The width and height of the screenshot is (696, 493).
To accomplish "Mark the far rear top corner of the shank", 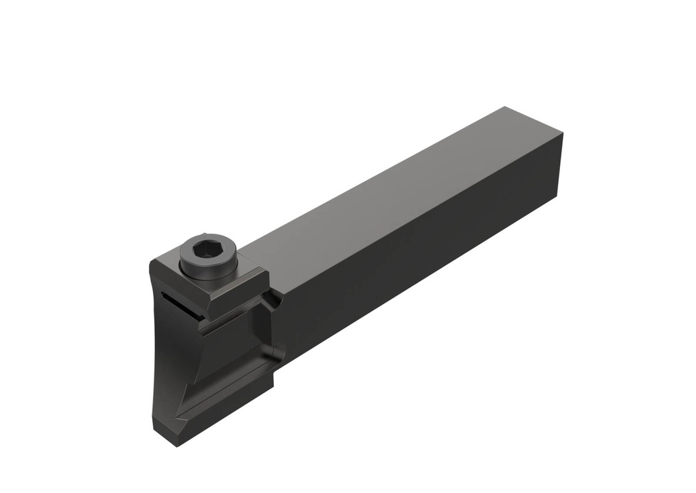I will coord(504,107).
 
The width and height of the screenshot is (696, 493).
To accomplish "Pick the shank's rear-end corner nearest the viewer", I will coord(562,136).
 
